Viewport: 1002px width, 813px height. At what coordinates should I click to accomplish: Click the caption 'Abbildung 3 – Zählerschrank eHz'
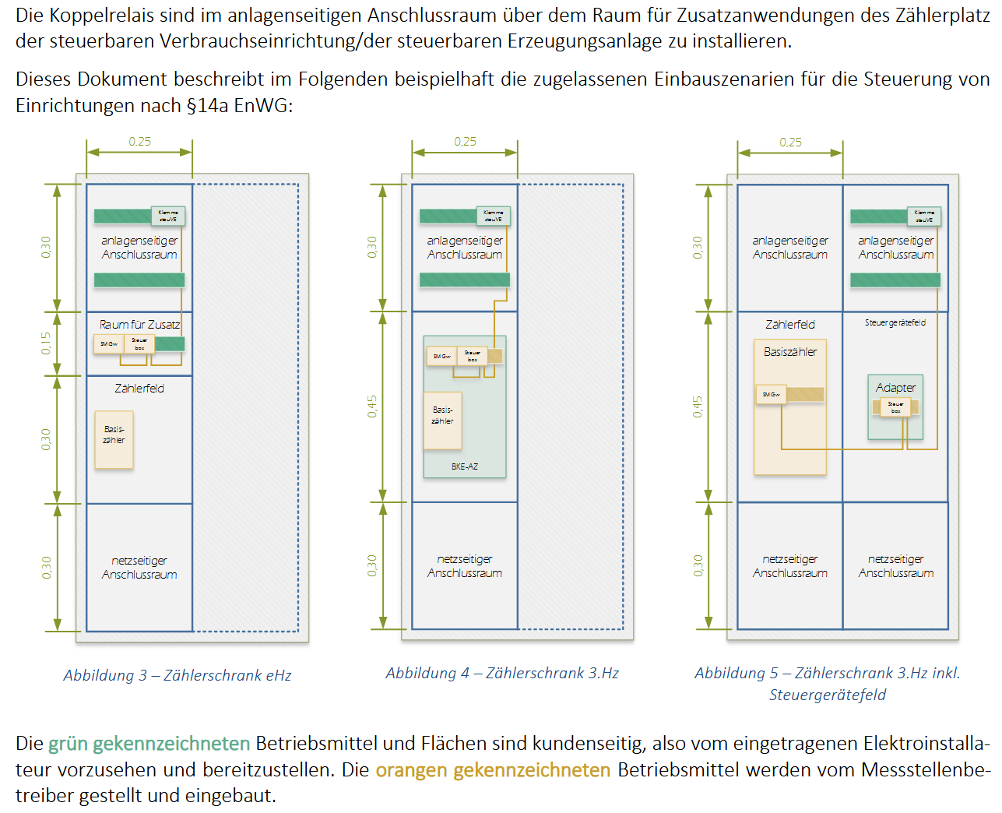pos(178,675)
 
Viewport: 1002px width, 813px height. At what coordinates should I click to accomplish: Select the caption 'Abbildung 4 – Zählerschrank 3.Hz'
pos(502,673)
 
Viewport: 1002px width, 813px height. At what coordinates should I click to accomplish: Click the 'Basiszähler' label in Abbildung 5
pos(790,352)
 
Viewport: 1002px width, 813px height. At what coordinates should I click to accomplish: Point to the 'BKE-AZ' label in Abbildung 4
pos(465,466)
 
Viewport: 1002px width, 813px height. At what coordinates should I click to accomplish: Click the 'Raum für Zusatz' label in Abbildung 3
pos(139,324)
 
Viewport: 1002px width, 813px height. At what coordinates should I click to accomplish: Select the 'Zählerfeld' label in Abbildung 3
pos(139,388)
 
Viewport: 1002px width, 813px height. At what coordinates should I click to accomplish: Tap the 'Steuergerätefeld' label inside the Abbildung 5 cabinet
pos(895,322)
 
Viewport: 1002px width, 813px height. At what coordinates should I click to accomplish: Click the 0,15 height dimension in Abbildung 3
pos(46,343)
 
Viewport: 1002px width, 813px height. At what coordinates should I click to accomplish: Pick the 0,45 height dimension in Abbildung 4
pos(372,406)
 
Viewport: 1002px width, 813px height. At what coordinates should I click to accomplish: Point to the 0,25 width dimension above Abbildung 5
pos(790,142)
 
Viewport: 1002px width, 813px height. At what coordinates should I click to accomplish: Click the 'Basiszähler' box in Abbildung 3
pos(114,439)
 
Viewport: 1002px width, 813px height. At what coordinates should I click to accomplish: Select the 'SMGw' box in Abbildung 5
pos(771,395)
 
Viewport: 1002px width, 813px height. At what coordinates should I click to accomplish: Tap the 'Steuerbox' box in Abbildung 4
pos(473,356)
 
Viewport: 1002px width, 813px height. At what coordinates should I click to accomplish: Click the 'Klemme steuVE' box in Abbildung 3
pos(168,216)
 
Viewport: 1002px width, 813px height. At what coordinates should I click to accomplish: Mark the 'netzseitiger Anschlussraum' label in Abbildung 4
pos(465,566)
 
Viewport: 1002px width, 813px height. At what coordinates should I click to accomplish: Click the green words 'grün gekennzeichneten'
pos(149,744)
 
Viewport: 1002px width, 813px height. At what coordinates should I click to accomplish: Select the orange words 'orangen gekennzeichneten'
pos(493,770)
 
